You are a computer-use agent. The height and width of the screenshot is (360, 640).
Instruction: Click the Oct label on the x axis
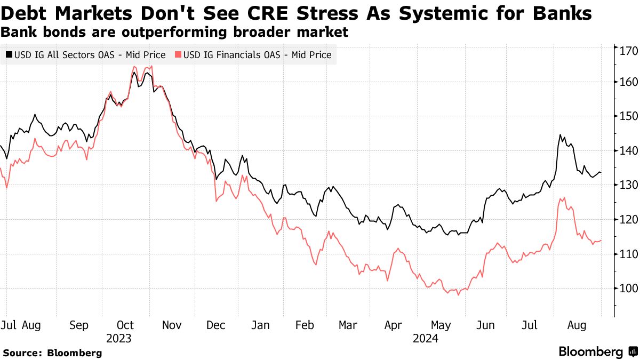(x=125, y=325)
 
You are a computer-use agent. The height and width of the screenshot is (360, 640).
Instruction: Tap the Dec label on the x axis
(x=216, y=325)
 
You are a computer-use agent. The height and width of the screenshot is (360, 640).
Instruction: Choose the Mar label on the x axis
(x=348, y=325)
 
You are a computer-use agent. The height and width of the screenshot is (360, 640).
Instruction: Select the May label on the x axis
(x=441, y=325)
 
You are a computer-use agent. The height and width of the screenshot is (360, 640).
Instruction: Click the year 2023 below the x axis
(x=118, y=338)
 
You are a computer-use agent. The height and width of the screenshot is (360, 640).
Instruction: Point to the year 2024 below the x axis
(x=425, y=338)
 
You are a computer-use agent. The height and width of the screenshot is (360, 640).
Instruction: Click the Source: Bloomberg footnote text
(x=52, y=353)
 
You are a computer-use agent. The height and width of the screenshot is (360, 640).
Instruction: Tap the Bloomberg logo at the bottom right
(x=597, y=352)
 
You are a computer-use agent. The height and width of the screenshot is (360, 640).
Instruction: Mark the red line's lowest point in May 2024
(x=458, y=295)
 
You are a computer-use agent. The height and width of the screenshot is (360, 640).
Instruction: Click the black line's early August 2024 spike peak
(x=560, y=135)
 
